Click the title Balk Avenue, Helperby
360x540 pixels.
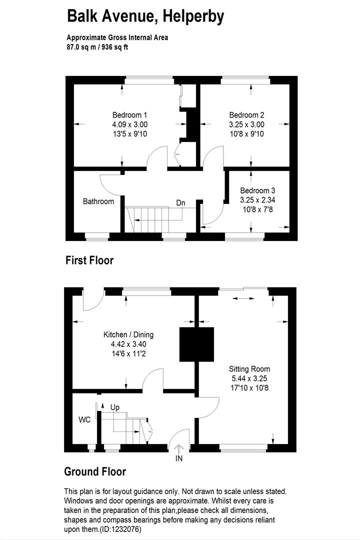145,17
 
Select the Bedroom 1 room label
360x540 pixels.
129,115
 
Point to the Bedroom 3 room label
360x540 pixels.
257,190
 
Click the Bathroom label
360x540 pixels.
98,201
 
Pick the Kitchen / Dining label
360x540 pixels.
128,334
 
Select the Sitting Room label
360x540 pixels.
249,369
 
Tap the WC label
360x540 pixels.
84,419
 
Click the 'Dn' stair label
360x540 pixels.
180,203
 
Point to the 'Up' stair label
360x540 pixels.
115,407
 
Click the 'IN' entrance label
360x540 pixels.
179,458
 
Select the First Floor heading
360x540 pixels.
89,260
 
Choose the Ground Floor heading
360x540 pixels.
95,471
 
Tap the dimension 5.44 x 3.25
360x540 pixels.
249,378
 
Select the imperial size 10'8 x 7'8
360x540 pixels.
257,209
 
